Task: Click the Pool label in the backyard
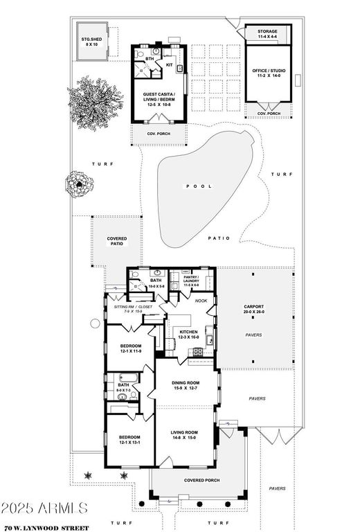(194, 187)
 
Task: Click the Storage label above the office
(267, 33)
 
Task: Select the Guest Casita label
(159, 99)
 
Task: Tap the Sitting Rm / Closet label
(132, 308)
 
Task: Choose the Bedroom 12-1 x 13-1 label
(129, 440)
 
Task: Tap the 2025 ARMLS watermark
(44, 508)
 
